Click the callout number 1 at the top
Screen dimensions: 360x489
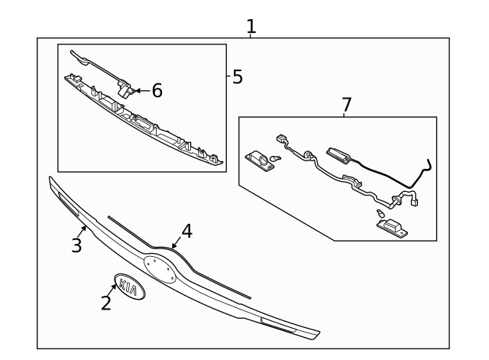pyautogui.click(x=251, y=27)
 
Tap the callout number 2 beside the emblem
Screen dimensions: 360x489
pyautogui.click(x=106, y=303)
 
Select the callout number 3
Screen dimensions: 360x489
pyautogui.click(x=76, y=245)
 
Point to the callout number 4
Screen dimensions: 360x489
pyautogui.click(x=186, y=232)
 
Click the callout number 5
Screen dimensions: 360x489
pyautogui.click(x=238, y=76)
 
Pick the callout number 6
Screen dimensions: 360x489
pyautogui.click(x=157, y=91)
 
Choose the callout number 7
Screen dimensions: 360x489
pyautogui.click(x=346, y=104)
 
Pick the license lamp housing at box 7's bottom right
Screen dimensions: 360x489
pyautogui.click(x=391, y=225)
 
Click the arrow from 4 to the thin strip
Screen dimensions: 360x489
pyautogui.click(x=176, y=244)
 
